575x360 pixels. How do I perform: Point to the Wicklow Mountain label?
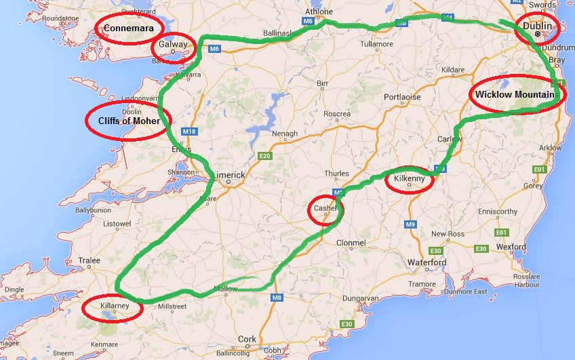(519, 94)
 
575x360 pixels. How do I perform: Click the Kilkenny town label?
(409, 181)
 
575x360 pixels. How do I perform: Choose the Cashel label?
(325, 209)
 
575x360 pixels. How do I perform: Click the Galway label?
(172, 45)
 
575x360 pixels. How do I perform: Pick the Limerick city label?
(229, 175)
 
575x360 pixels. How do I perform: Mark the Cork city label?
(247, 339)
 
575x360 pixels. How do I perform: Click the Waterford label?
(427, 262)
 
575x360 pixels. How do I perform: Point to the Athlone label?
(319, 12)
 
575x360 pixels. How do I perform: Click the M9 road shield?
(411, 224)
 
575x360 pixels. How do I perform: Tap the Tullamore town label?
(376, 44)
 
